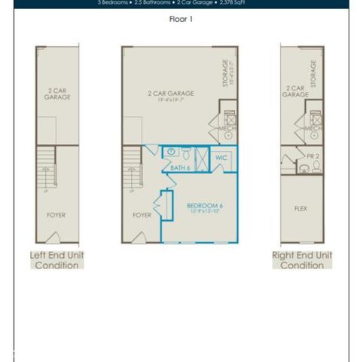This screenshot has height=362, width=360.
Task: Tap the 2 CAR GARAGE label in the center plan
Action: [170, 95]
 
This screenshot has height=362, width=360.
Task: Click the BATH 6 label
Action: [178, 167]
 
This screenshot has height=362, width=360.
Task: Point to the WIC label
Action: [221, 158]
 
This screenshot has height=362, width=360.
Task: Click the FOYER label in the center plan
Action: [142, 215]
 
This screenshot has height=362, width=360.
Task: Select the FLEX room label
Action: [302, 207]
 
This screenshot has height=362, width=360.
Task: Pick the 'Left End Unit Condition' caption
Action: [56, 260]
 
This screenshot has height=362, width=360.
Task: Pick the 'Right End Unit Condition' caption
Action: [302, 260]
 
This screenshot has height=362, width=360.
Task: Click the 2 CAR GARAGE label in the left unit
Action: [57, 94]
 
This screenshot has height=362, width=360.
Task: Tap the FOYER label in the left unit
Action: [56, 215]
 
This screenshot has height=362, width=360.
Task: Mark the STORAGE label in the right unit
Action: [313, 73]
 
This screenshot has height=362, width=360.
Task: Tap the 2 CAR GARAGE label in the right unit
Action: [295, 91]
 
